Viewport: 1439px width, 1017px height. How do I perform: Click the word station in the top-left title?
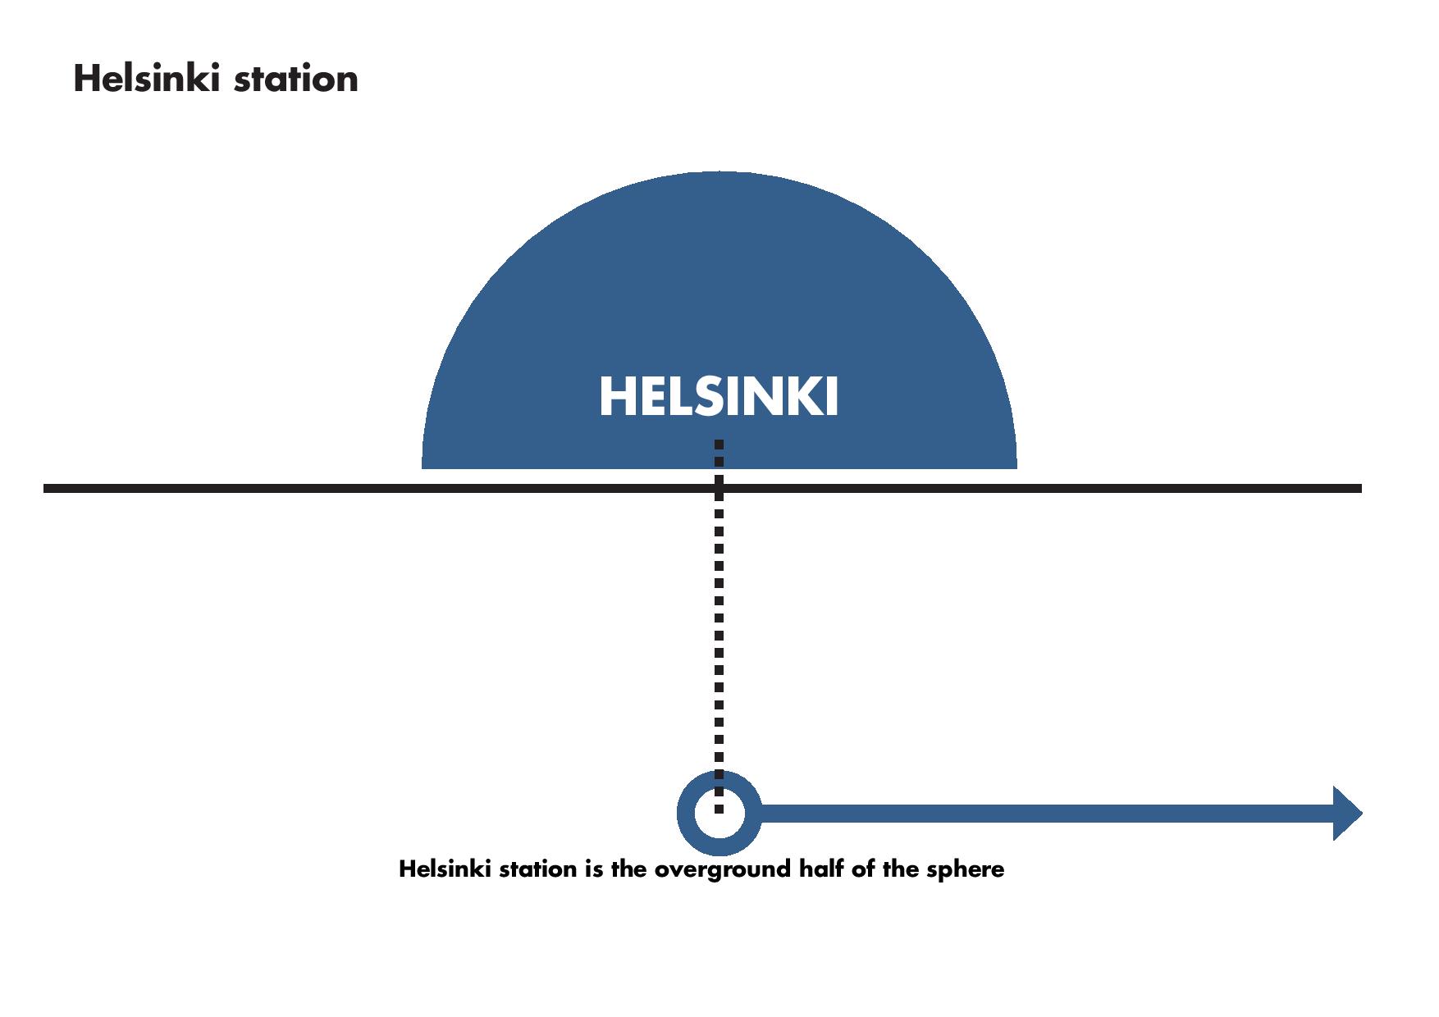[x=296, y=80]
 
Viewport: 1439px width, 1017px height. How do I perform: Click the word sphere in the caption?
[x=965, y=869]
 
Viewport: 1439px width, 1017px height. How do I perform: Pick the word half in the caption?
[x=822, y=869]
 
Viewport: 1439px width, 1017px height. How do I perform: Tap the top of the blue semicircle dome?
[x=719, y=172]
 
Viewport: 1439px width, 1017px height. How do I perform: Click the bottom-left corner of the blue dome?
[x=423, y=468]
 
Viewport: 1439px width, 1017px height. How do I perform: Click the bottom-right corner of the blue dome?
[x=1016, y=468]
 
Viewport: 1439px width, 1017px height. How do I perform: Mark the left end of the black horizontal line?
[x=44, y=489]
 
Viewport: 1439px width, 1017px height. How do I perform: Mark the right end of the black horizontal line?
[x=1361, y=489]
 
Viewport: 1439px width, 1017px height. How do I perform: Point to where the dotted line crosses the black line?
[x=719, y=489]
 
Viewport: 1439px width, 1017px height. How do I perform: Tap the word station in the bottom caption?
[x=537, y=869]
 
